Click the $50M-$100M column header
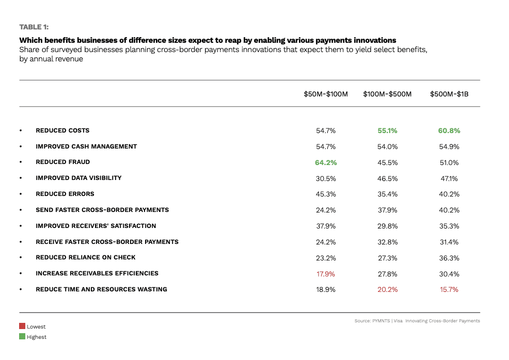click(326, 94)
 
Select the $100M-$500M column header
click(387, 94)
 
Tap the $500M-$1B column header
click(449, 94)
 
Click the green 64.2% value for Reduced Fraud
click(326, 162)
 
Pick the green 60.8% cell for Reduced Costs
click(449, 131)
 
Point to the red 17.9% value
click(326, 274)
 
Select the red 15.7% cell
click(449, 290)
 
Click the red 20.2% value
click(387, 290)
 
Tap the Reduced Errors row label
click(65, 194)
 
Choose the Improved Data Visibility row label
click(78, 178)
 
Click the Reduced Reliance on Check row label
click(86, 257)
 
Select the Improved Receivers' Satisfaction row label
click(96, 226)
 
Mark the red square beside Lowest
click(22, 326)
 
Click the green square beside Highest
click(22, 337)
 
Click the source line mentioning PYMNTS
click(417, 321)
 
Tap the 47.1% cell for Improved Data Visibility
click(449, 178)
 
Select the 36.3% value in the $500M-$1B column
click(449, 258)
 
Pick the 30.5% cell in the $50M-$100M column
click(326, 178)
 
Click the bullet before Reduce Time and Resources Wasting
click(21, 290)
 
